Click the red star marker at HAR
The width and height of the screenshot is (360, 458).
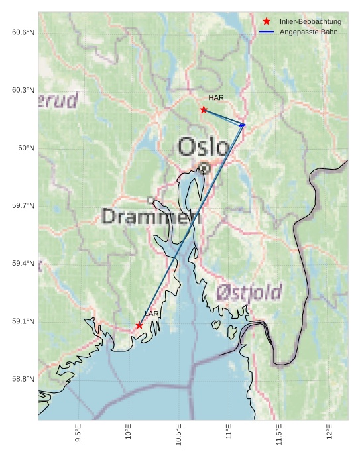[x=204, y=109]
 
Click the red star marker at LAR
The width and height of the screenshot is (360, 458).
[x=139, y=325]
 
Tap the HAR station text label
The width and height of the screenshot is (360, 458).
[x=216, y=97]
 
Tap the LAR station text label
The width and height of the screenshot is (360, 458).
[x=152, y=314]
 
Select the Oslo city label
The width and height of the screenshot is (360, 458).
[x=204, y=146]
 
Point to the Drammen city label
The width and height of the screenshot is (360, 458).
[x=151, y=217]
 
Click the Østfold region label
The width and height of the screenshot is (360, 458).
[x=249, y=292]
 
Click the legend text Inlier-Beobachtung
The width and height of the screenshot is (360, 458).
[x=310, y=22]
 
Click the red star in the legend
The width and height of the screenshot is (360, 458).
[x=267, y=22]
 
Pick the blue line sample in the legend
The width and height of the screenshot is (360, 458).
[x=267, y=32]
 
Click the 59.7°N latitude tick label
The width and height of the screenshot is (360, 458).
[x=23, y=206]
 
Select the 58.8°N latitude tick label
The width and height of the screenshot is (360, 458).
[x=23, y=379]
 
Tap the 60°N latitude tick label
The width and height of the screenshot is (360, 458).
[x=26, y=148]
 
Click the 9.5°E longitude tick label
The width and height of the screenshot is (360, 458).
[x=78, y=433]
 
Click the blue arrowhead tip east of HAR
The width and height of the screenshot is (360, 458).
[x=245, y=124]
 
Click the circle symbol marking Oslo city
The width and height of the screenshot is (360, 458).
[x=204, y=168]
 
